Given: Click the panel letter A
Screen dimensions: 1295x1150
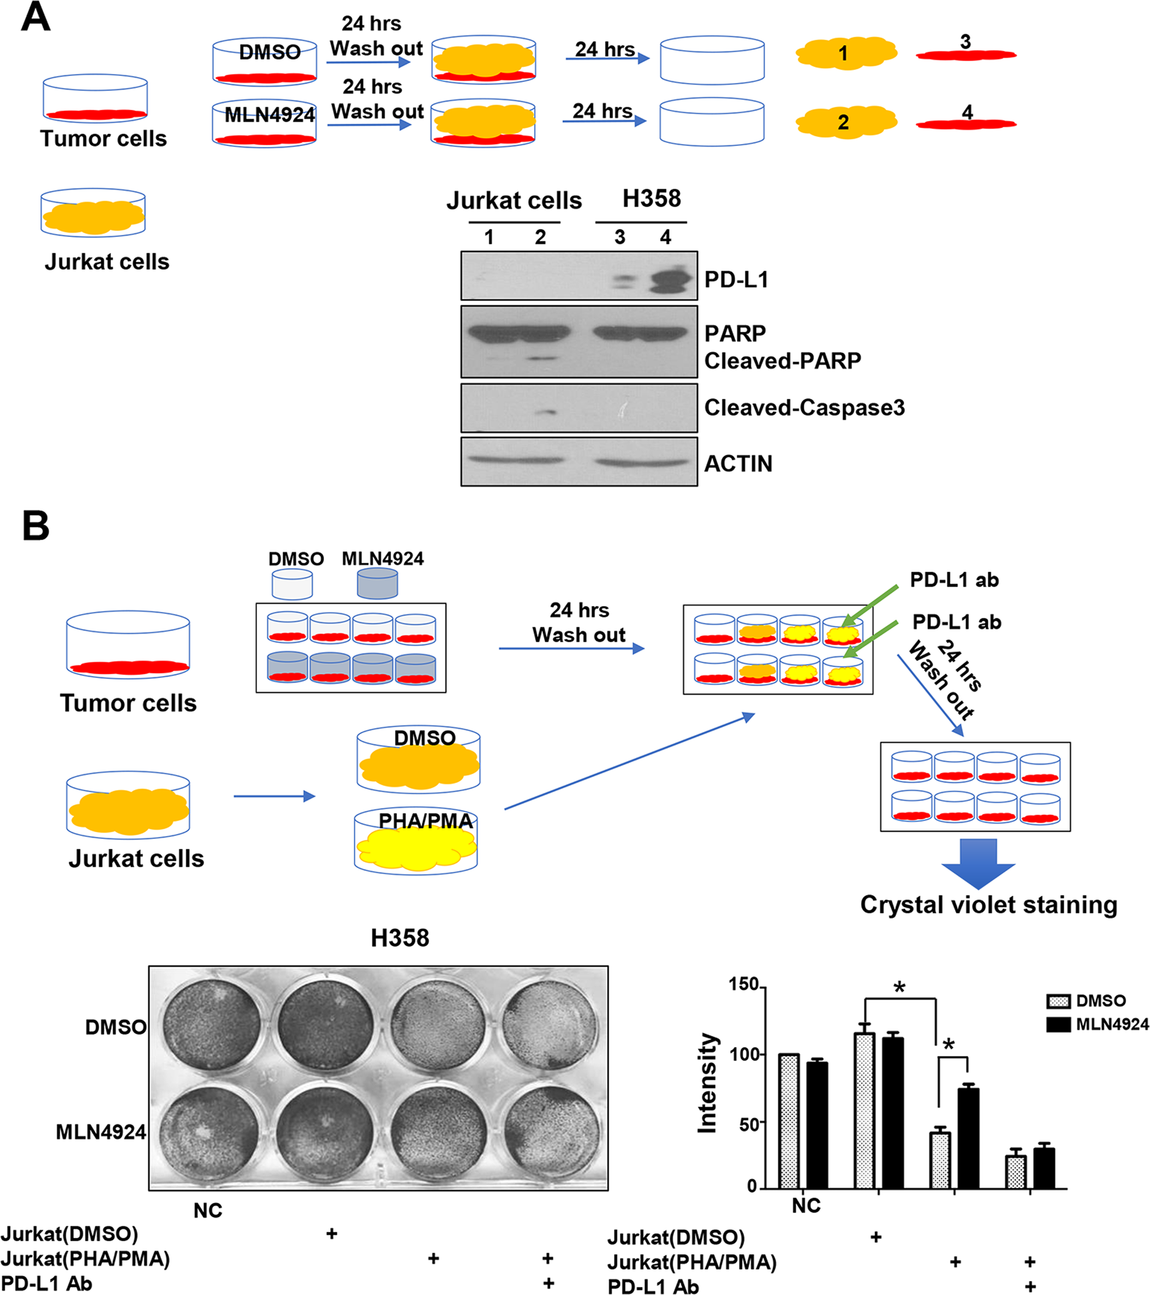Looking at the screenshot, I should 36,17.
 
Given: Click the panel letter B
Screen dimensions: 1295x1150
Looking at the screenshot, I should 36,526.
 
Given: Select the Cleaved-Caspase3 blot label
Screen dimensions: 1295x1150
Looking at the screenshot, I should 804,408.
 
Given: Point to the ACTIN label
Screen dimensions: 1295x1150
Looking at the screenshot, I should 738,464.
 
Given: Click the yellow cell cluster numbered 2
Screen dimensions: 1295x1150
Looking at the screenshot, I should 846,121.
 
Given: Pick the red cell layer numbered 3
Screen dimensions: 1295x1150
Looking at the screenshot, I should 966,54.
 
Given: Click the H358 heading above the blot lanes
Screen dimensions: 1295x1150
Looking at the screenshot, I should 651,199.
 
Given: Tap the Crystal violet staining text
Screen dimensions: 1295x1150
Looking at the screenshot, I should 988,904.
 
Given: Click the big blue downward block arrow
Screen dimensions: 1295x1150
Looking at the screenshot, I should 978,864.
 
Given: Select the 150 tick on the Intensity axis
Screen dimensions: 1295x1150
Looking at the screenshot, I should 744,984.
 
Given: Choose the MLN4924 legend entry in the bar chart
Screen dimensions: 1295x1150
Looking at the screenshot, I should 1111,1025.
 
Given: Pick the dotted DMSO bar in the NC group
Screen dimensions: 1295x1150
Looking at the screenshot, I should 789,1122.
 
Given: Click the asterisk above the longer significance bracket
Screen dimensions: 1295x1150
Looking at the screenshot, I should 900,987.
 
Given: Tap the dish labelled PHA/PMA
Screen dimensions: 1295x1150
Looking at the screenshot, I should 416,843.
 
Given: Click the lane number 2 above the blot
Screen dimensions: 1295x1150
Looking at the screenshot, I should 540,238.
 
